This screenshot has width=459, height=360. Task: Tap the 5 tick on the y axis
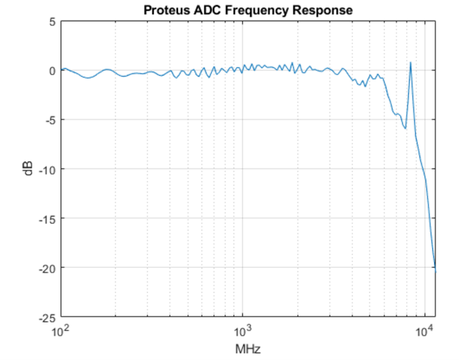click(x=51, y=21)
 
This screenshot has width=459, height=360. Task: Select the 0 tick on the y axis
click(x=51, y=71)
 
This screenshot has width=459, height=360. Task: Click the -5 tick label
click(x=49, y=120)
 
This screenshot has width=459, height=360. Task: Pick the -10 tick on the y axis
click(x=47, y=169)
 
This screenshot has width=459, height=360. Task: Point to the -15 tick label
click(x=47, y=219)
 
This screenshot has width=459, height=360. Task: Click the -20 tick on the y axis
click(x=47, y=268)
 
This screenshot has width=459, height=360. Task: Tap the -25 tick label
click(x=47, y=317)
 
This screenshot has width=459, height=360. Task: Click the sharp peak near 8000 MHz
click(x=410, y=63)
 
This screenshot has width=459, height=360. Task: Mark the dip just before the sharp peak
click(x=405, y=128)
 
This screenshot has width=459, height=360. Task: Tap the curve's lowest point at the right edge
click(x=435, y=272)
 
